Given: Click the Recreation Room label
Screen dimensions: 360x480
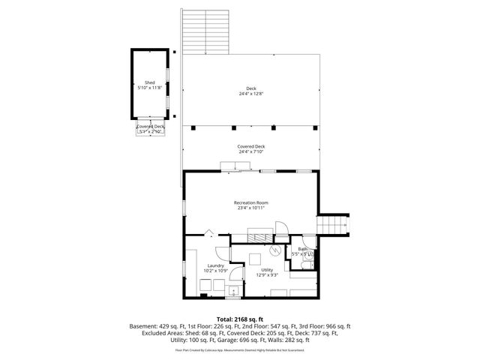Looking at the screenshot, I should [x=251, y=202].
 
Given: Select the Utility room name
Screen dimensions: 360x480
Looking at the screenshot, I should [x=267, y=271].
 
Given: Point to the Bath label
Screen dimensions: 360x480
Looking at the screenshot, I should [x=303, y=249].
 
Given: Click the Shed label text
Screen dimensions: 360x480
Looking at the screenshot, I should [x=149, y=82].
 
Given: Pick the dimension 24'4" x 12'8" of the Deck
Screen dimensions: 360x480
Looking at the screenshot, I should [x=251, y=94].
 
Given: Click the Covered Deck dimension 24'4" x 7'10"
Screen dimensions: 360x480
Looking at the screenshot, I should [x=251, y=152].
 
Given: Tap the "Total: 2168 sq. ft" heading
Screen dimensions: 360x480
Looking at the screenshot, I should [x=240, y=319].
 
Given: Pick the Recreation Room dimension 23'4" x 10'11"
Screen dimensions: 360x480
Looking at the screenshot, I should [x=251, y=208].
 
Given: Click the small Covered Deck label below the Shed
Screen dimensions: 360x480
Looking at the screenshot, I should [x=150, y=127].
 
